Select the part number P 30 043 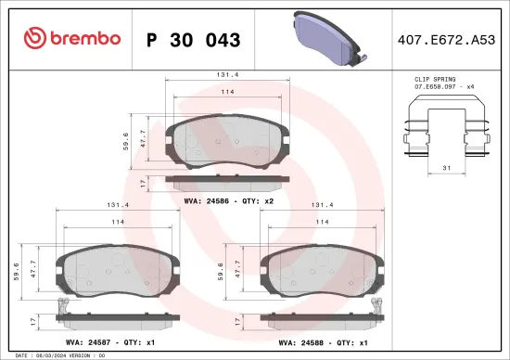194,40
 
